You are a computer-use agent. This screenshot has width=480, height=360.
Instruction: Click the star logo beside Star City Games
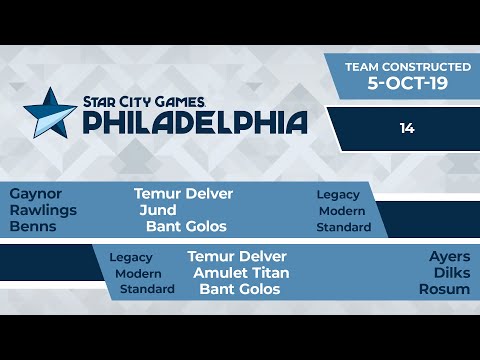pos(50,111)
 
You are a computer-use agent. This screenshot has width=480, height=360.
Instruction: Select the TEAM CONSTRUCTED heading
pos(407,66)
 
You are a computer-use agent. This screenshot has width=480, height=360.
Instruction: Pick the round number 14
pos(406,128)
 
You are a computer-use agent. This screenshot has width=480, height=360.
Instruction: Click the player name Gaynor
pos(36,193)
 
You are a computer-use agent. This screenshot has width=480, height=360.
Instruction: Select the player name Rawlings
pos(43,210)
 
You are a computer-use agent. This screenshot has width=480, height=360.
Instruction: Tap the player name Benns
pos(32,227)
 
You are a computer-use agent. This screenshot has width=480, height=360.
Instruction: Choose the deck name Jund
pos(158,210)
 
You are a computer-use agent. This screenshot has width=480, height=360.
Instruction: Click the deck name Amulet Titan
pos(241,273)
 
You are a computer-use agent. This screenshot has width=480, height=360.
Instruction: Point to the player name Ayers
pos(449,256)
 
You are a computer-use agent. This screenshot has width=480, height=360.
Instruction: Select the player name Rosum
pos(447,290)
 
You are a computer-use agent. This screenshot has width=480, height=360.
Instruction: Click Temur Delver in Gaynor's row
pos(183,193)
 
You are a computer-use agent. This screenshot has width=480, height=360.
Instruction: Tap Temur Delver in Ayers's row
pos(237,256)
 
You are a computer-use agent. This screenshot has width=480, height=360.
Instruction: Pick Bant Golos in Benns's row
pos(186,227)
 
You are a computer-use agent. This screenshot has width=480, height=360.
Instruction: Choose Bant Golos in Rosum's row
pos(239,290)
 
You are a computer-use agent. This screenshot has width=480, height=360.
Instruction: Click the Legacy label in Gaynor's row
pos(338,194)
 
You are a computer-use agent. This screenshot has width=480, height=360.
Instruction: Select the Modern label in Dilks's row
pos(138,273)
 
